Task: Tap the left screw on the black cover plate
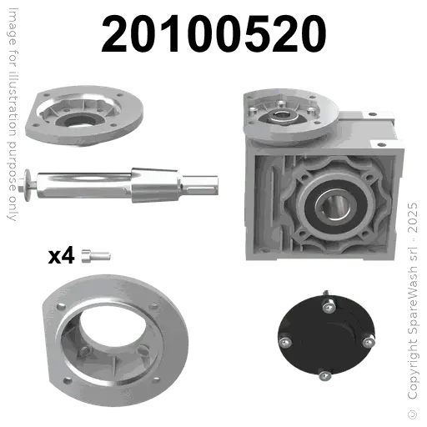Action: [286, 339]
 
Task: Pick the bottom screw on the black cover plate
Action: [323, 377]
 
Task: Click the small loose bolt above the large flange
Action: [91, 255]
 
